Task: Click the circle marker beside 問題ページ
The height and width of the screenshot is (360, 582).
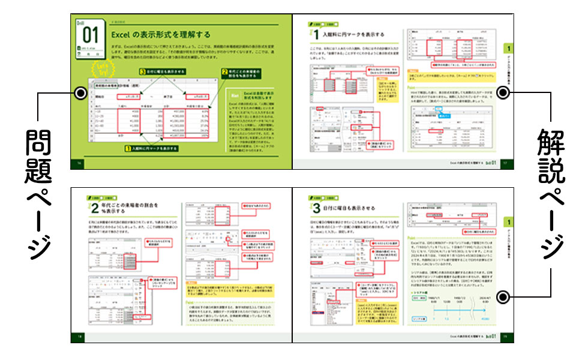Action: (x=79, y=92)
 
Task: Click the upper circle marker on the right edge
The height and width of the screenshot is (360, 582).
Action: (x=504, y=92)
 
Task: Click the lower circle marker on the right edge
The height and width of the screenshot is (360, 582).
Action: (x=504, y=296)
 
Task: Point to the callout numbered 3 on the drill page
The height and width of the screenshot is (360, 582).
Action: (x=162, y=71)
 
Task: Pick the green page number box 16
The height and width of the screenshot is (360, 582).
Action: (x=76, y=164)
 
